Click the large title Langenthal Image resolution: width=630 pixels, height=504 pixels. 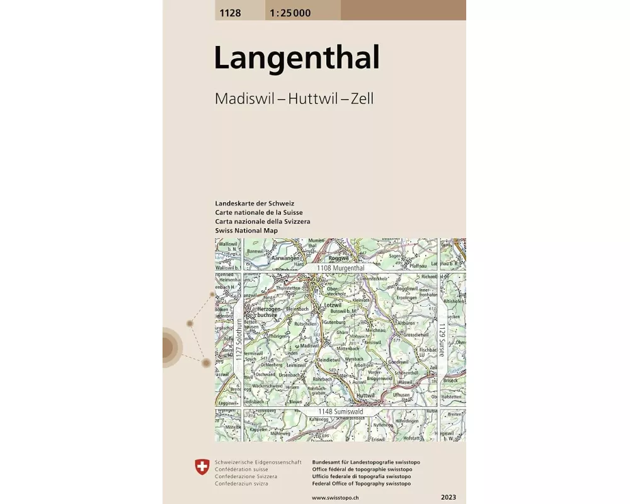297,59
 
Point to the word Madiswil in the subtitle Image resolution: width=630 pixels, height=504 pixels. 244,99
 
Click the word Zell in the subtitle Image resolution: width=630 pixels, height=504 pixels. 363,99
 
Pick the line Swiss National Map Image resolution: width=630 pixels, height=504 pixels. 246,231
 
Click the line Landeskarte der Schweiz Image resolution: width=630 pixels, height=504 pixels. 250,204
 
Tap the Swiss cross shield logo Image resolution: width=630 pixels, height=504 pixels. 202,467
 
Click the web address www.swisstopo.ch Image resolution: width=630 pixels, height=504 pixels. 336,498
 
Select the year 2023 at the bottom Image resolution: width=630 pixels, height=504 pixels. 449,497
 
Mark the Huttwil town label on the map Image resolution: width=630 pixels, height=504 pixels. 365,396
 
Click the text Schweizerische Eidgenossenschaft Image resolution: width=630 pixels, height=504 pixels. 258,462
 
